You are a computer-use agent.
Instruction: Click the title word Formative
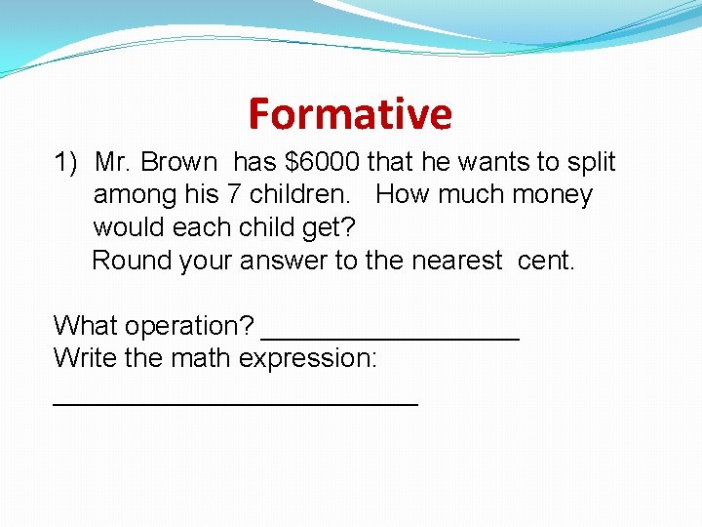(350, 113)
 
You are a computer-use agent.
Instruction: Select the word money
(549, 195)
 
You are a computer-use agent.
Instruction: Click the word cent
(546, 261)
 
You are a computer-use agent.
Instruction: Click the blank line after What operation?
(391, 338)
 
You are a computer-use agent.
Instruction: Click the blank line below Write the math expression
(235, 401)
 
